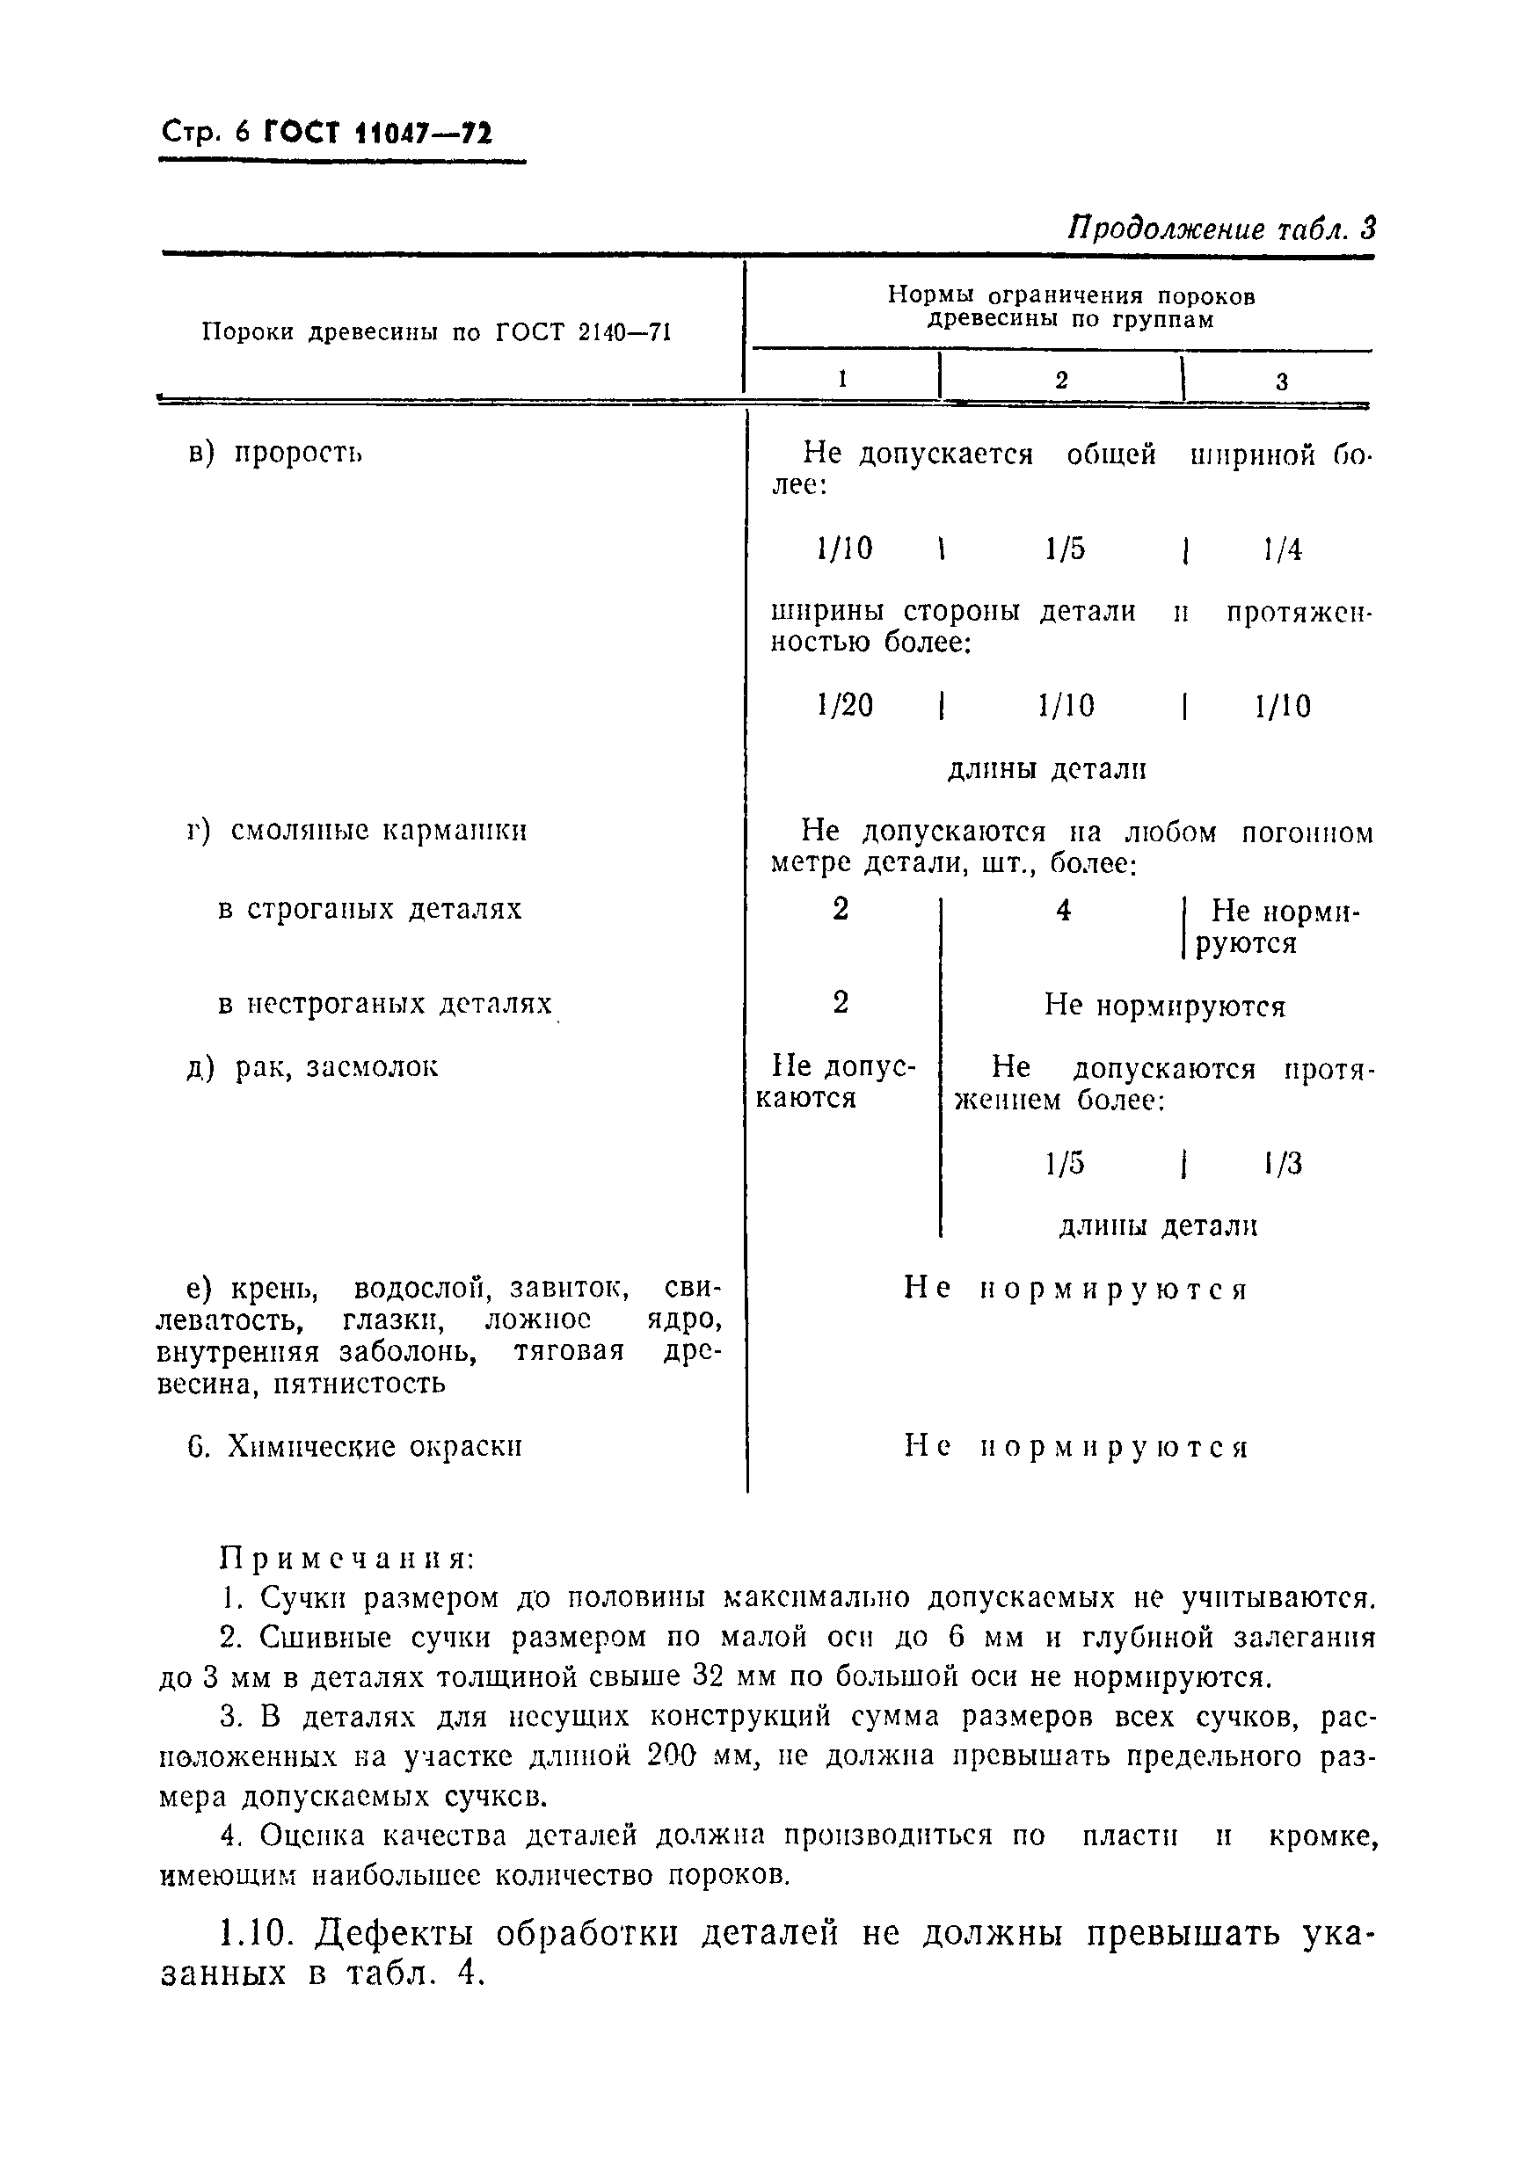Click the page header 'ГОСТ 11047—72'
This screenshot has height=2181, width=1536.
click(377, 132)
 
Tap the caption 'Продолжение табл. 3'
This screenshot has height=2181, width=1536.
click(1221, 229)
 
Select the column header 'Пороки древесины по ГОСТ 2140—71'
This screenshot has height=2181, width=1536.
click(436, 332)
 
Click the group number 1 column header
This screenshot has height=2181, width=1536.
click(842, 380)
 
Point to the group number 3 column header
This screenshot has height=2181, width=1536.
click(1281, 382)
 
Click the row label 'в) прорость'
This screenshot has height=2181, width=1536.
click(275, 453)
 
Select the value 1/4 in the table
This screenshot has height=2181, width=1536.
click(1283, 550)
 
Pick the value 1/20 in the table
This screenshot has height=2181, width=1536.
click(844, 706)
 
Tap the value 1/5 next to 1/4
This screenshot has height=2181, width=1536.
click(1065, 550)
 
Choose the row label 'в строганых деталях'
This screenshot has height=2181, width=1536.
click(369, 910)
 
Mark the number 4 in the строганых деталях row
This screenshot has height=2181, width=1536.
click(1064, 911)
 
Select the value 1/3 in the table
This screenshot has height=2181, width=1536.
click(1284, 1165)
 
